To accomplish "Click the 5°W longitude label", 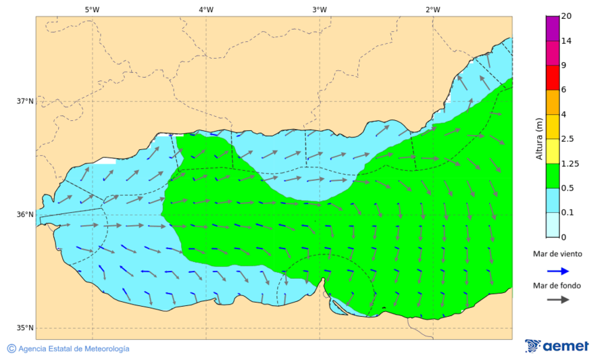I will (92, 9).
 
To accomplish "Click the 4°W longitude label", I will (206, 9).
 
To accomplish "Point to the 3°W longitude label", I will (320, 9).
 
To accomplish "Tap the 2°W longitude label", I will (433, 9).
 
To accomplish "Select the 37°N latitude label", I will (25, 101).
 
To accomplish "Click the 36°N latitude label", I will (25, 215).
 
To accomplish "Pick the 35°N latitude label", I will (25, 328).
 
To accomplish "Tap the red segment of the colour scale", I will (553, 77).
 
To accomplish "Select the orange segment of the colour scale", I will (553, 102).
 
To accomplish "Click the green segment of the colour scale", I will (553, 176).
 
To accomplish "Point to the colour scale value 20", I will (566, 16).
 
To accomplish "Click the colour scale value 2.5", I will (567, 138).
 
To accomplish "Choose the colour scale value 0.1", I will (567, 212).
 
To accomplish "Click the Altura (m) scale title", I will (539, 138).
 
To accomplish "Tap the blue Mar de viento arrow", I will (557, 271).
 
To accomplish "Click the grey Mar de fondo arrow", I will (557, 299).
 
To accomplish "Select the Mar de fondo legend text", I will (557, 286).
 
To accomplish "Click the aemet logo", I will (557, 346).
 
